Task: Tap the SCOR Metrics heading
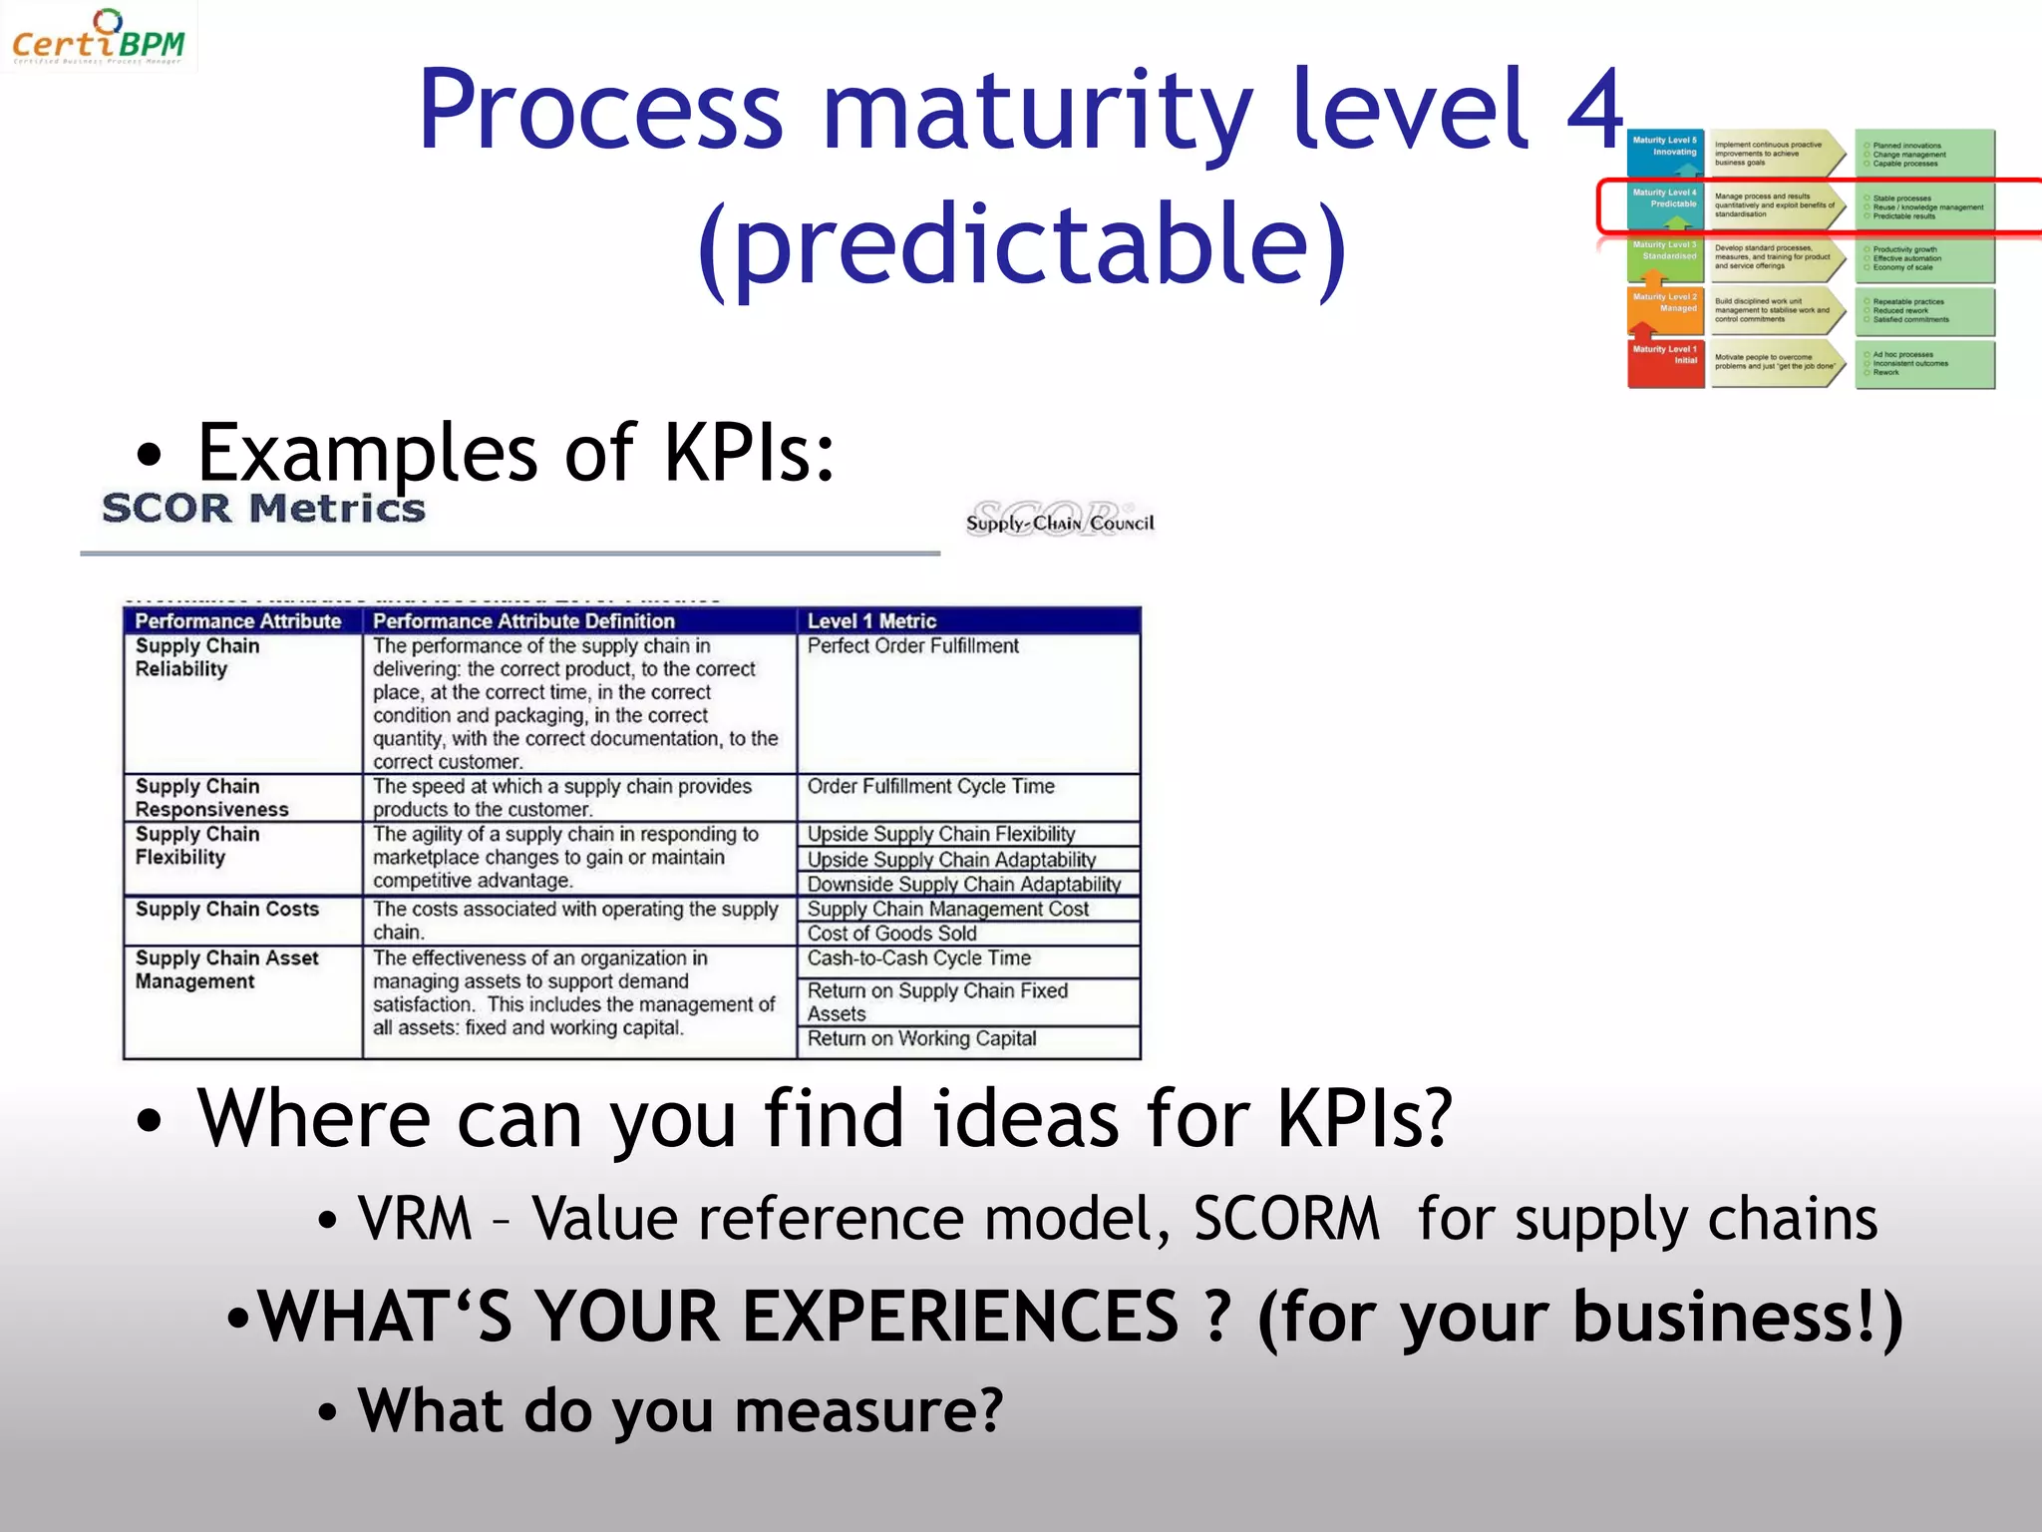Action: tap(263, 509)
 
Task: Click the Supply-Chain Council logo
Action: tap(1059, 519)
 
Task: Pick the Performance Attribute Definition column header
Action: tap(523, 621)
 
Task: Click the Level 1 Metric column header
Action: tap(871, 621)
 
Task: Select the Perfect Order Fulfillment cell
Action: tap(912, 646)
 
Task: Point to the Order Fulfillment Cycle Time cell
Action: tap(930, 787)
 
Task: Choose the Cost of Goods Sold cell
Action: tap(891, 934)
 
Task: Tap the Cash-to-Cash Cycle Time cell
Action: tap(918, 958)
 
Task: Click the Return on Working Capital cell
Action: tap(921, 1039)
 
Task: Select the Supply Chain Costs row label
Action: tap(227, 910)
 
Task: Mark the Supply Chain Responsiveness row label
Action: tap(211, 798)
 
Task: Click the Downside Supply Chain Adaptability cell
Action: tap(963, 885)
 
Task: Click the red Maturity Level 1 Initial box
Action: tap(1665, 364)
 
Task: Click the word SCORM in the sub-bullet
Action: tap(1286, 1219)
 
